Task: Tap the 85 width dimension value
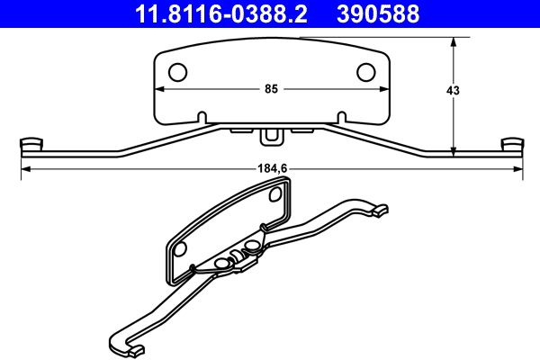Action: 270,89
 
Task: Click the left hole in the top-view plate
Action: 178,71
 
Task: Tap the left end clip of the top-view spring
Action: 31,144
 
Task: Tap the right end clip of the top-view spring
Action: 510,144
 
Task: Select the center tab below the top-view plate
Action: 270,137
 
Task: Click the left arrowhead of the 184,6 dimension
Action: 25,168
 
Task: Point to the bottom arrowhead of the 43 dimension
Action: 453,150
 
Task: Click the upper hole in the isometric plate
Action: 274,193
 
